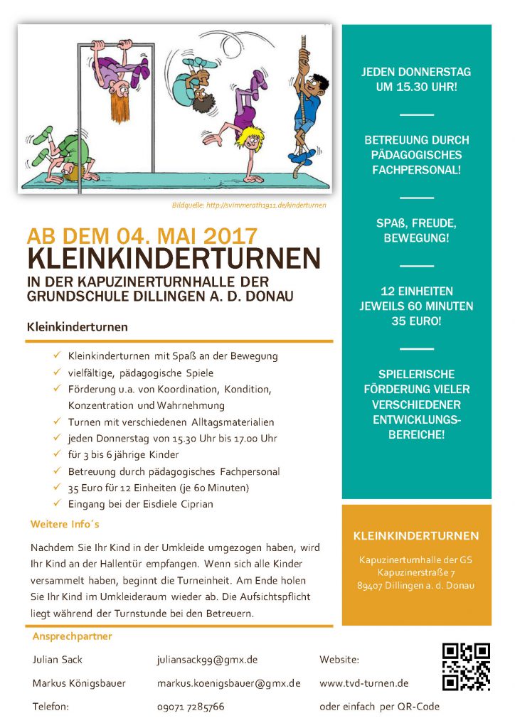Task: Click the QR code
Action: click(466, 667)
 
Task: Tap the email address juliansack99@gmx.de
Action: click(207, 660)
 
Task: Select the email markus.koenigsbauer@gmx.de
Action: click(228, 683)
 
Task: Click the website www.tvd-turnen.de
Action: click(363, 683)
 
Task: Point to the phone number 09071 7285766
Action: click(191, 707)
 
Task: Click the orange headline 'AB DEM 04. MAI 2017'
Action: click(142, 237)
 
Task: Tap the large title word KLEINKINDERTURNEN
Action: click(174, 258)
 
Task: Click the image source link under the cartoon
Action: click(249, 205)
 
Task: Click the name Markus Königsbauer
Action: click(79, 683)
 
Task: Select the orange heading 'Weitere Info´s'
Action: click(65, 525)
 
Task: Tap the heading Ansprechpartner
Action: click(72, 636)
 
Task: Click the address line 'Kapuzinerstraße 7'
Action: click(416, 572)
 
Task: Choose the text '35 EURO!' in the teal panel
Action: click(416, 321)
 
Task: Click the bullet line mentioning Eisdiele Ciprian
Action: click(140, 504)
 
